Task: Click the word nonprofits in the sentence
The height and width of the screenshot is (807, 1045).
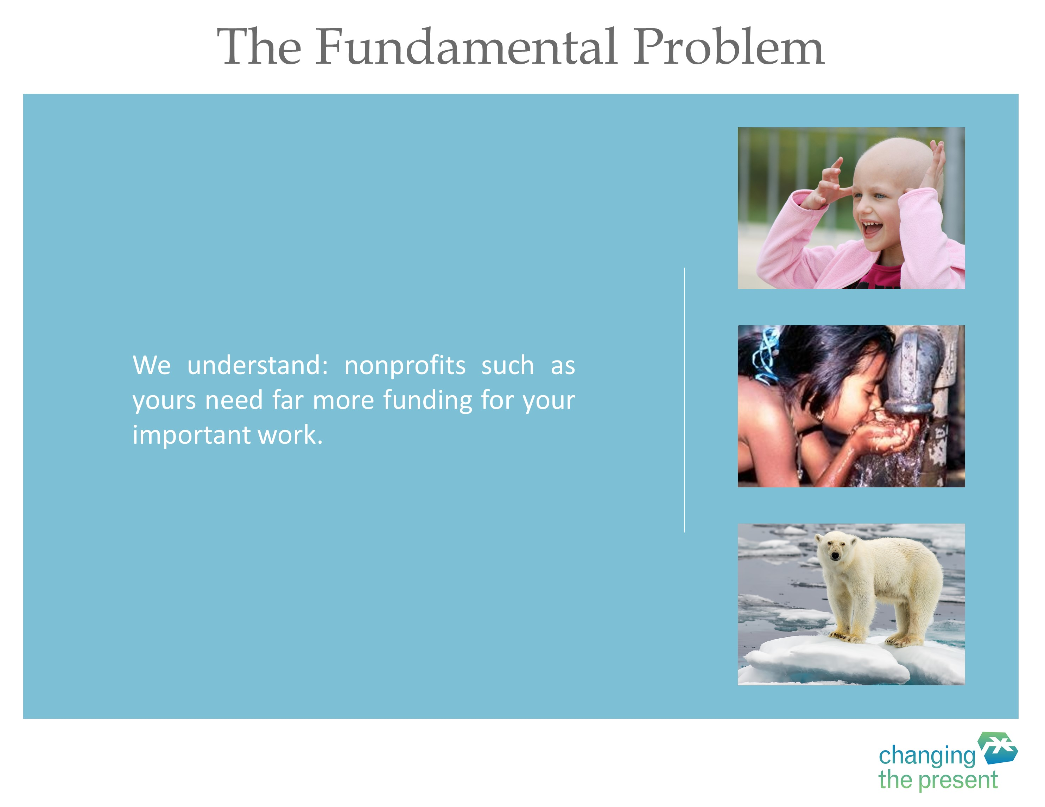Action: point(405,366)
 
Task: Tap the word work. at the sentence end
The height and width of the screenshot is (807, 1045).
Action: point(290,435)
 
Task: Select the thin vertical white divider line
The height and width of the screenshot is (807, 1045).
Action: point(684,400)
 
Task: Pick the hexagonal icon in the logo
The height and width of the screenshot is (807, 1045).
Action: point(997,748)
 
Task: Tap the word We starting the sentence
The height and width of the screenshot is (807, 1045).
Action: point(151,365)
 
